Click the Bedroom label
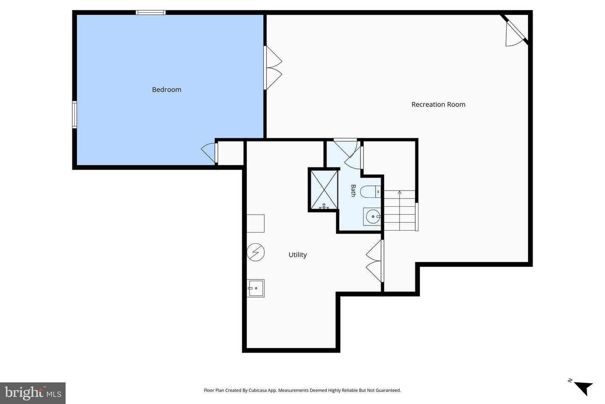coord(167,90)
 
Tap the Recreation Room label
coord(438,104)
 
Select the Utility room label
coord(297,255)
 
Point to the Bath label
coord(353,191)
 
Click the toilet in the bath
coord(370,191)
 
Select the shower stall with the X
coord(324,190)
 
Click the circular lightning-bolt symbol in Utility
coord(255,252)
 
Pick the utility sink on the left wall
coord(255,288)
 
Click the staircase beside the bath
coord(400,210)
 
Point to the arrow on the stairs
coord(400,210)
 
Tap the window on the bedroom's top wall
coord(151,13)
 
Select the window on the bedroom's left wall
coord(74,114)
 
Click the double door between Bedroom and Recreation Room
coord(273,68)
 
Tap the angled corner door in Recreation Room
coord(516,32)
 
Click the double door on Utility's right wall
coord(375,261)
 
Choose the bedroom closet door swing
coord(209,153)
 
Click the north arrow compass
coord(582,388)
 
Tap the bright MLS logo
coord(33,393)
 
